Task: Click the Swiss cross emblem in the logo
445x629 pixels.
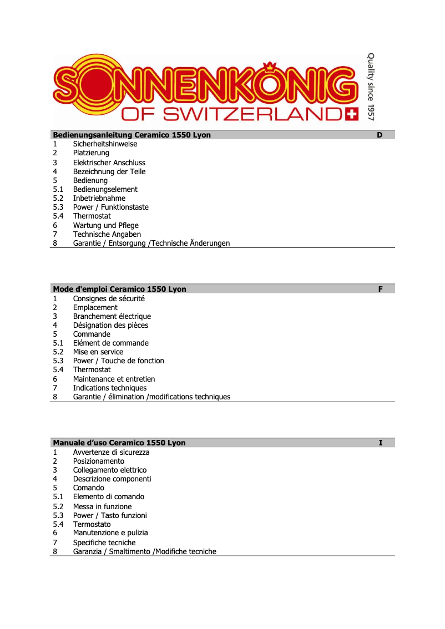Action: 351,114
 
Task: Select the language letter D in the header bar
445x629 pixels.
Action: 380,135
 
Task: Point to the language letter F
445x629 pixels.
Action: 380,289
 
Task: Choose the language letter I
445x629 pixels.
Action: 380,443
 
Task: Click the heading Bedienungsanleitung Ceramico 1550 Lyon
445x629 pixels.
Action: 132,135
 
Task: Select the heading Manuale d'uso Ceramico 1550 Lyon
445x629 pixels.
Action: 119,443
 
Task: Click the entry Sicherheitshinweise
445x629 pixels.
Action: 105,144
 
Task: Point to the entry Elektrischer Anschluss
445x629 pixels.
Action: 109,163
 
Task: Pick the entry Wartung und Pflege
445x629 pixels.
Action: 106,225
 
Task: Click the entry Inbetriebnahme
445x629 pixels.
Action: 99,198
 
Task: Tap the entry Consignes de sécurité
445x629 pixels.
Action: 109,298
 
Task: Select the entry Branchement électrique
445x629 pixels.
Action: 112,316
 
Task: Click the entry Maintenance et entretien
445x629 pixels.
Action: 114,379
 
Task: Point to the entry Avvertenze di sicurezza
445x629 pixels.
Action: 111,452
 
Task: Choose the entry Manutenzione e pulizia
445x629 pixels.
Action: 110,532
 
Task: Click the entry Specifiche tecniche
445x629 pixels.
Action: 104,542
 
